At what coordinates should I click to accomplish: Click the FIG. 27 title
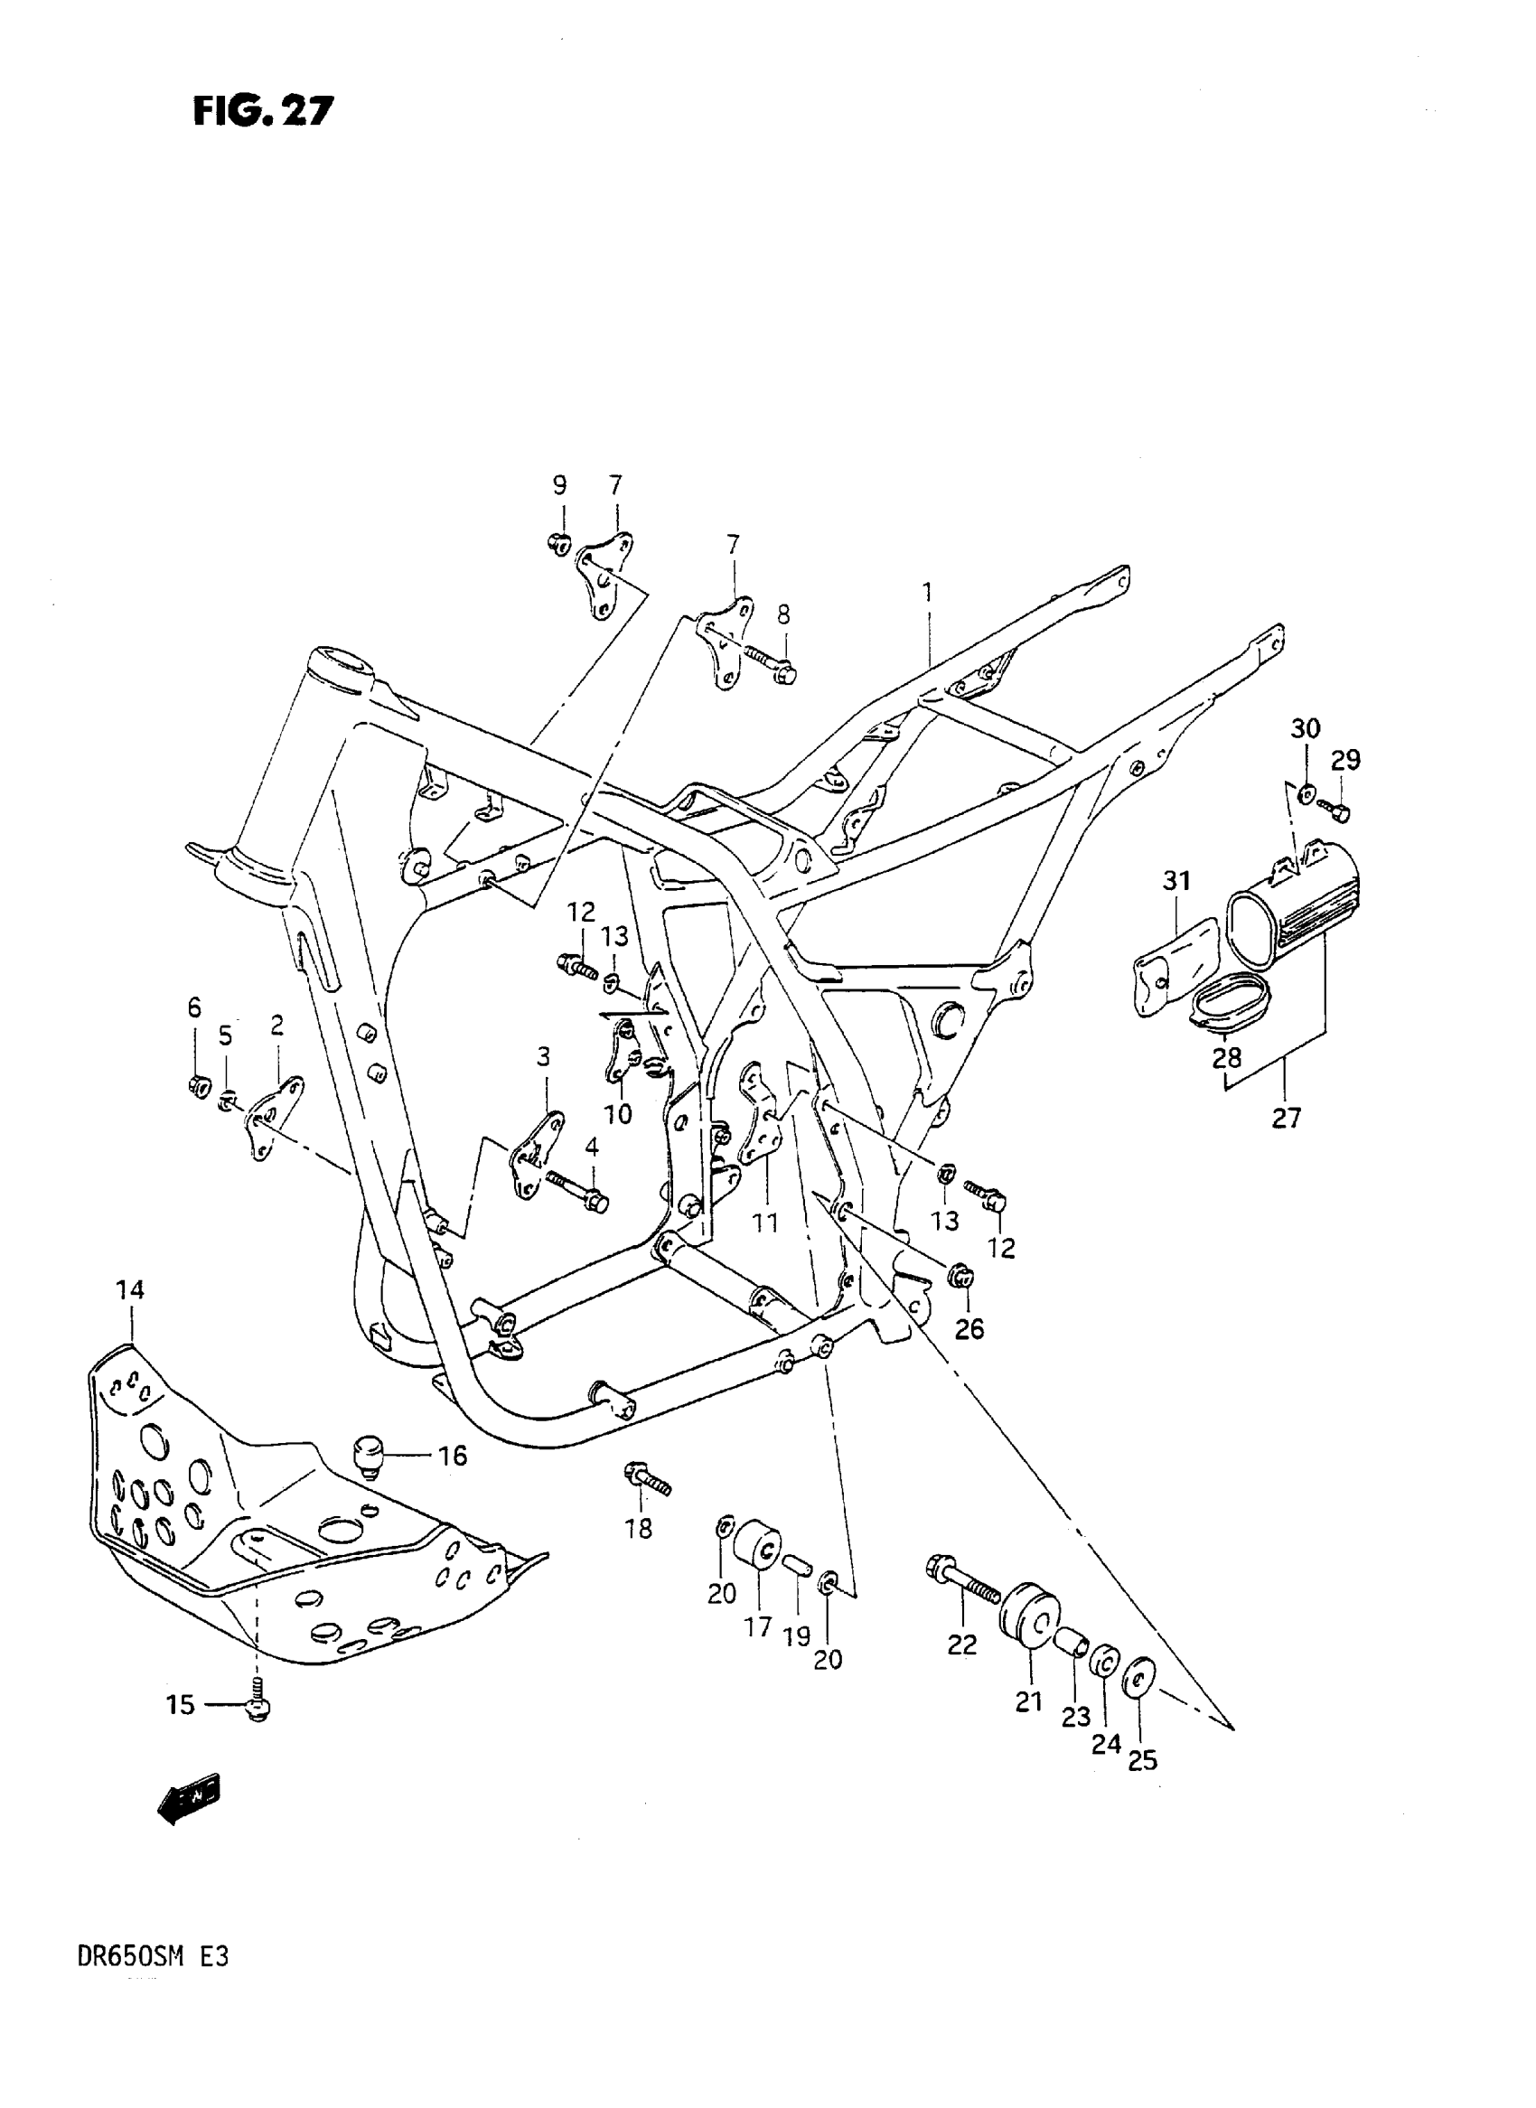(262, 111)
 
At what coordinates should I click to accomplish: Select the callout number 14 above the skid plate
(130, 1289)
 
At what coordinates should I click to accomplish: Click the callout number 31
(1176, 880)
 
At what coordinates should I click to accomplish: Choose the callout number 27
(1286, 1117)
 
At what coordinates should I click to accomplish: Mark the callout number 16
(453, 1456)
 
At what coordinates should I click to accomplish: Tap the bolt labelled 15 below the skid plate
(258, 1703)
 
